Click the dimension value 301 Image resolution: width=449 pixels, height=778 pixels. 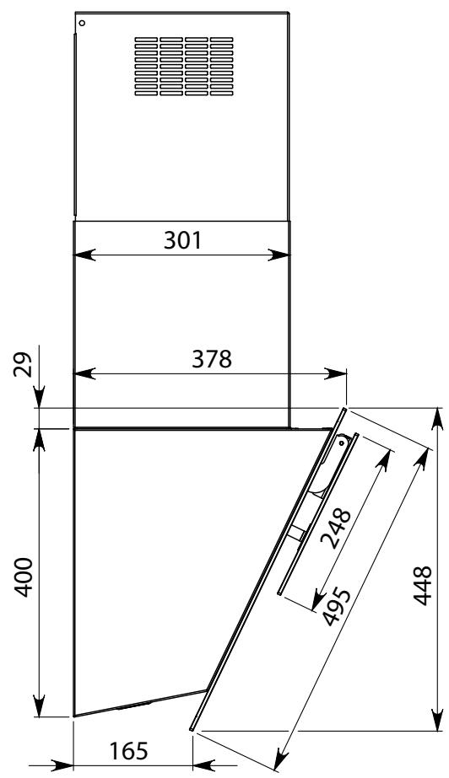(183, 240)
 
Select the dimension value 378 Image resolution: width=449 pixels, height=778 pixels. (212, 359)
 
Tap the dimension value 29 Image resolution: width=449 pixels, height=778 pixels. (23, 365)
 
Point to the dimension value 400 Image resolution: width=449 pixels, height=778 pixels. (23, 577)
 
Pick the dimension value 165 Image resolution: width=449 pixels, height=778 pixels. (128, 751)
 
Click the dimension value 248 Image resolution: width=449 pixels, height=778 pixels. (337, 529)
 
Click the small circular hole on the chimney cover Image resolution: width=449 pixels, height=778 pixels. (82, 23)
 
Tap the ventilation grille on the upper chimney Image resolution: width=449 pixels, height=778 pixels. (184, 66)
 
